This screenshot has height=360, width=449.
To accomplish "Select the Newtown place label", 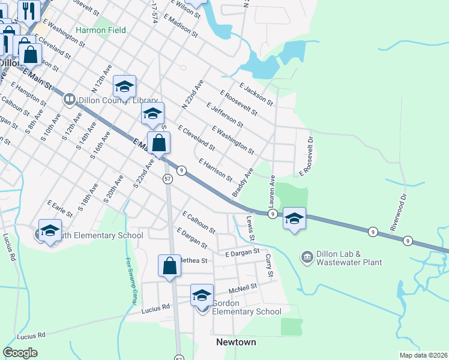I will click(236, 342).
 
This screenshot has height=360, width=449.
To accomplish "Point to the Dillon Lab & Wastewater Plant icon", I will click(307, 257).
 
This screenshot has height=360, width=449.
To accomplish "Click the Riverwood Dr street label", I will click(403, 204).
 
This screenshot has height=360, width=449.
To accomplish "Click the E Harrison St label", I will click(215, 170).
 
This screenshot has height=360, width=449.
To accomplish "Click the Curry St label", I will click(269, 266).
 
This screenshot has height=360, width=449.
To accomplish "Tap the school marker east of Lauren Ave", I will click(294, 219).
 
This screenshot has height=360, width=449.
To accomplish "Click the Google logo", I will click(20, 353).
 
